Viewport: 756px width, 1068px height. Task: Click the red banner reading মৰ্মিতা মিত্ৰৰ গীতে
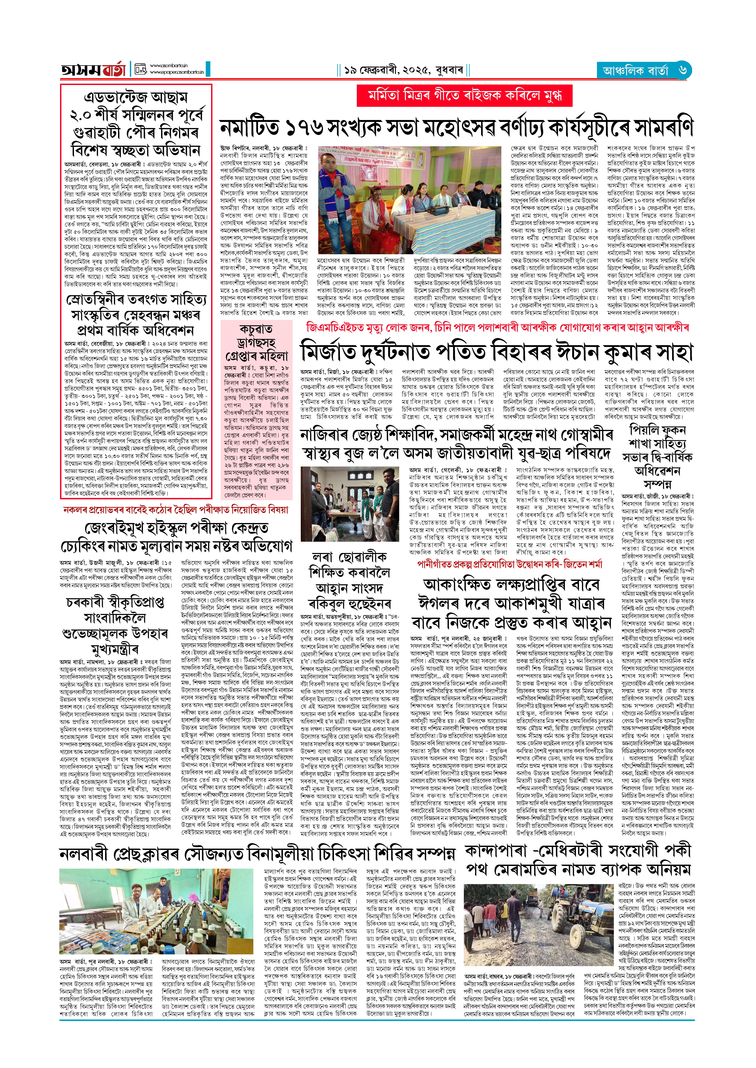click(x=464, y=96)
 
